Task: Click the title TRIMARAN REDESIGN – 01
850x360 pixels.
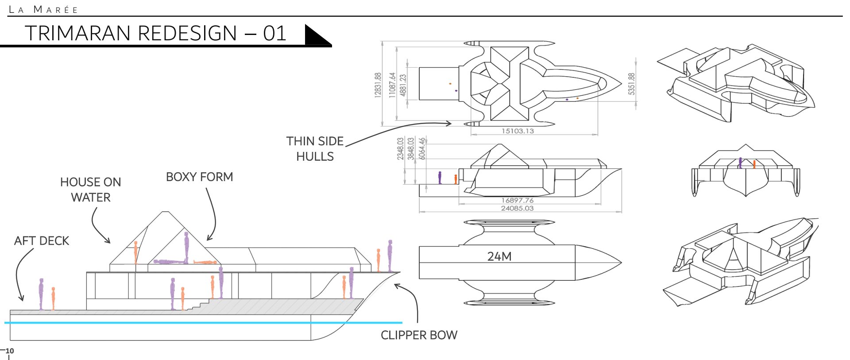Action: coord(155,33)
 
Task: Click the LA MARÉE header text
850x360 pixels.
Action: coord(43,9)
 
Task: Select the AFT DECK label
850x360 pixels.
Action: coord(42,241)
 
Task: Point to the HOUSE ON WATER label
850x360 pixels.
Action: coord(91,190)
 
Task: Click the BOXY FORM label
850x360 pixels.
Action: coord(199,177)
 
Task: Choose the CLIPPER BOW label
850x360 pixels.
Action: coord(419,335)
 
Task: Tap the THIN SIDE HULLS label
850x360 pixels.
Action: coord(315,149)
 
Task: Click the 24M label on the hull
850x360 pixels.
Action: coord(499,256)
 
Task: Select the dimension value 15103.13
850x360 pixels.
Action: coord(518,131)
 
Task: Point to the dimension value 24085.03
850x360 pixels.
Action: coord(517,208)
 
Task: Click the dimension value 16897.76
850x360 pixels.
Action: coord(517,201)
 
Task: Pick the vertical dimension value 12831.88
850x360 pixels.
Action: coord(378,84)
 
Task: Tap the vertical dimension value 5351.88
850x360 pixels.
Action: coord(631,84)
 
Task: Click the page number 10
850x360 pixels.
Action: coord(10,351)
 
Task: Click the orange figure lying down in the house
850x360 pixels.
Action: coord(205,263)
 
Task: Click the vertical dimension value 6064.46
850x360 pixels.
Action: coord(422,148)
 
